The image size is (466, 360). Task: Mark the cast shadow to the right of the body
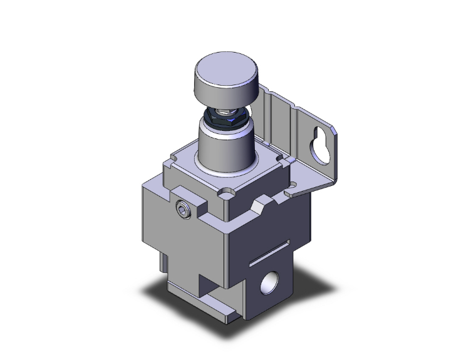(x=326, y=275)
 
